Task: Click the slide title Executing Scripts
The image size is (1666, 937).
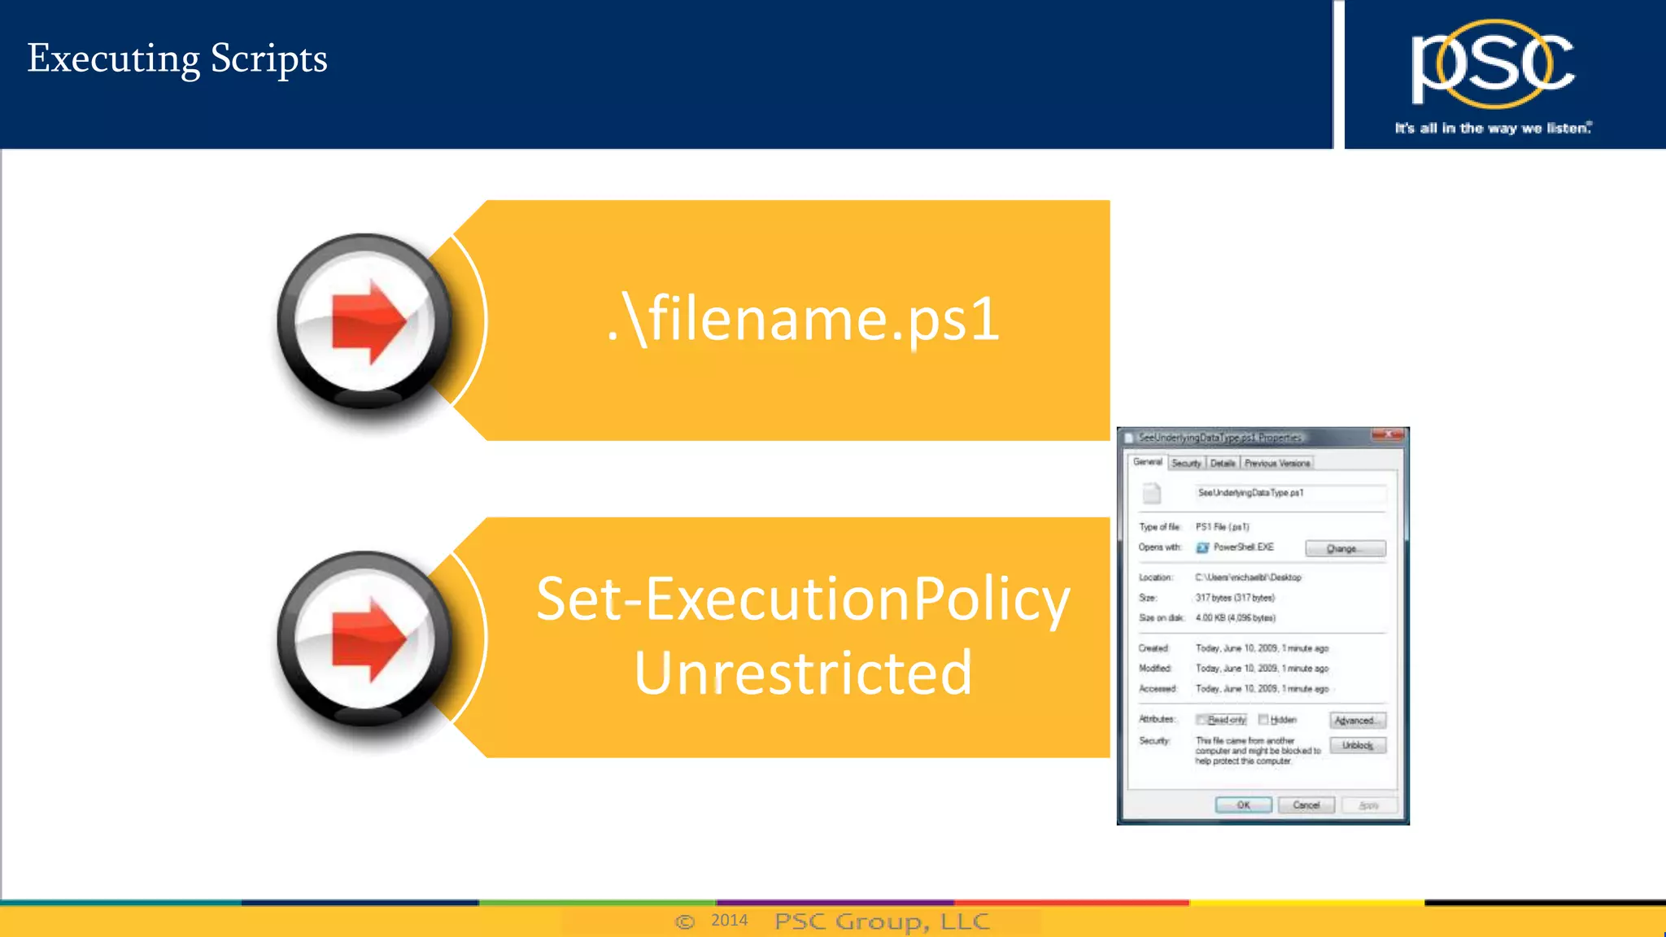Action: click(x=177, y=59)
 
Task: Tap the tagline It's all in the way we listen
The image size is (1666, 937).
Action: click(x=1492, y=129)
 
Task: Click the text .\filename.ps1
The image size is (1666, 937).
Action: click(x=803, y=319)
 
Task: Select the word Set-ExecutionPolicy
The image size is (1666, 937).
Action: click(x=803, y=600)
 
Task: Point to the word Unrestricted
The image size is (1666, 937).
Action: click(x=803, y=673)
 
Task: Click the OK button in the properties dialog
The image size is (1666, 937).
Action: click(x=1243, y=805)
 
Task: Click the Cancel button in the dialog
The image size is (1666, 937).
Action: click(x=1306, y=805)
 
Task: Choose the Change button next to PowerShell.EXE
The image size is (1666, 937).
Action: click(x=1345, y=549)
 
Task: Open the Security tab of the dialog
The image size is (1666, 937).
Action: click(x=1186, y=464)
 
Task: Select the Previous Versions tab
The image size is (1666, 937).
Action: click(x=1276, y=464)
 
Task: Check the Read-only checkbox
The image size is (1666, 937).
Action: click(x=1201, y=720)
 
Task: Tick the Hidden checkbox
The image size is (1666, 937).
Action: click(x=1263, y=720)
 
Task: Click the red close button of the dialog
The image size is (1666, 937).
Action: click(x=1387, y=436)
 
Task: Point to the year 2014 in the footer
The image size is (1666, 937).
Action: click(x=729, y=921)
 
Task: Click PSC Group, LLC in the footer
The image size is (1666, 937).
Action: click(x=882, y=922)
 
